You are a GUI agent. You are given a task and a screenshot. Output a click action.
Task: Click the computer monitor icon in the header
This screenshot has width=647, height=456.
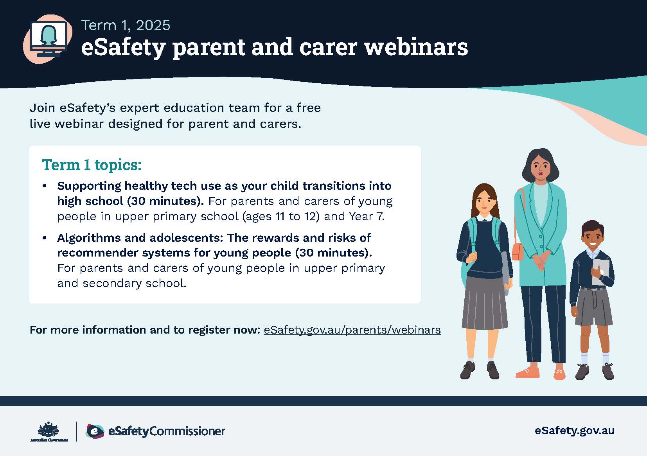coord(49,39)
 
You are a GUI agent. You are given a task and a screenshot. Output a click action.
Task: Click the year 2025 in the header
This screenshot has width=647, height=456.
coord(153,25)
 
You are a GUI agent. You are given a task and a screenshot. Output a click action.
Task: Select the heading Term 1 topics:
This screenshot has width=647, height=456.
coord(92,165)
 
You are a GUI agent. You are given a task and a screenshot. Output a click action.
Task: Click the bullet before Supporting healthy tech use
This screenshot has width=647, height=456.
coord(45,186)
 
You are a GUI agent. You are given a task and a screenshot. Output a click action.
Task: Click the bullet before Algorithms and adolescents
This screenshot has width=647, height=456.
coord(45,238)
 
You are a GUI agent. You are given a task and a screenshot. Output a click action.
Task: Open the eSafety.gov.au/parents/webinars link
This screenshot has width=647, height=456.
coord(352,330)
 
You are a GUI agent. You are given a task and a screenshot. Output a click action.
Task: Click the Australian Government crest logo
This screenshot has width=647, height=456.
coord(49,431)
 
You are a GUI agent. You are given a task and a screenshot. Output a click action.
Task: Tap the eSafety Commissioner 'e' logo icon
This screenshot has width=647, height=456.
coord(95,431)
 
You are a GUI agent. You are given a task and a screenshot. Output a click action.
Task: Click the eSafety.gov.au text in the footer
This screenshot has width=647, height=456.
coord(575,431)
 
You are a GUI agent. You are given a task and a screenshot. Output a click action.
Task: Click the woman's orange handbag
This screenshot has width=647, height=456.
coord(518,251)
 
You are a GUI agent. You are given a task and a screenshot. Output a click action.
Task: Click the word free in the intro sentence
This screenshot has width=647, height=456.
coord(309,108)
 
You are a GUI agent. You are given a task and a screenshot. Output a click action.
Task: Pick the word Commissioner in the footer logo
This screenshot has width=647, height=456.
coord(187,431)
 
